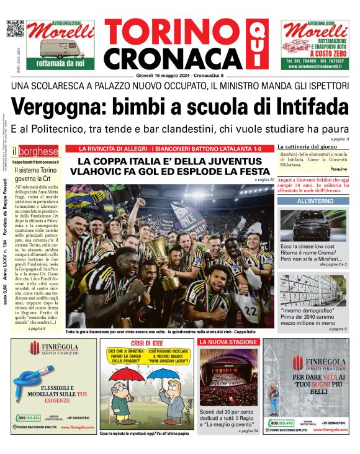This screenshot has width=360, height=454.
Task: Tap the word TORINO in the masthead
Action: [x=164, y=32]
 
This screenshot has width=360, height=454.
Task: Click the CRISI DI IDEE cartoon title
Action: [x=147, y=343]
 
